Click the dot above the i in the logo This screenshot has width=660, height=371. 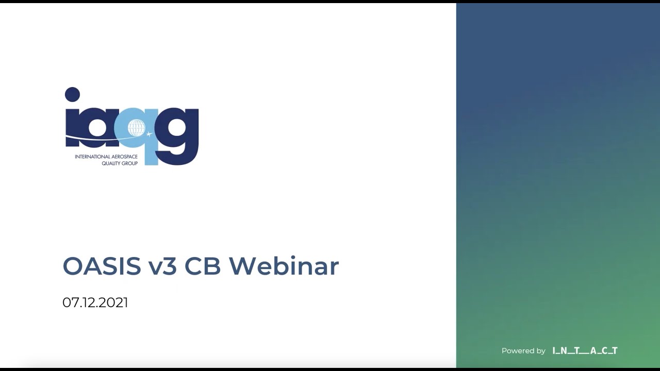[72, 94]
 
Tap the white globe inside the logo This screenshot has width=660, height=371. [137, 127]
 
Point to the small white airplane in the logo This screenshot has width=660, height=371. [150, 134]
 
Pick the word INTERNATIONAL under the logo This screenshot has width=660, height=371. [93, 157]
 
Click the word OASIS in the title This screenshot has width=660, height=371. [102, 266]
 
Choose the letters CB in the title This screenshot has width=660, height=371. [203, 266]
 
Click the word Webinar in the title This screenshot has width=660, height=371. [284, 266]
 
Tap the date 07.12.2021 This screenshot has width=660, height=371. [95, 302]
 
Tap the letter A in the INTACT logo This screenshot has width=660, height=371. [593, 351]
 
